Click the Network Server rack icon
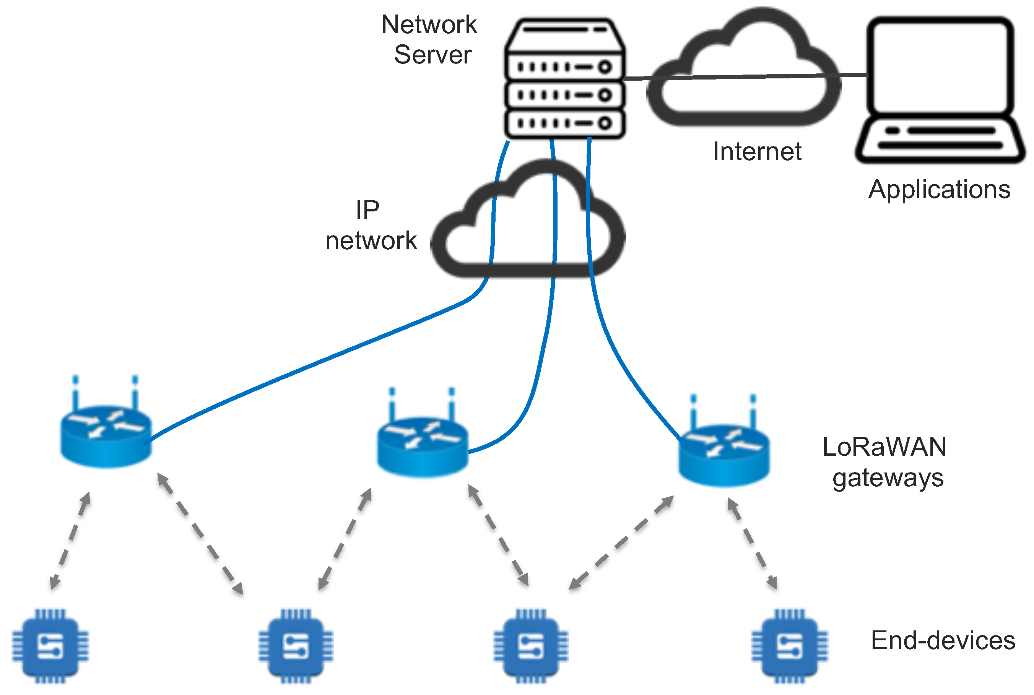[x=564, y=79]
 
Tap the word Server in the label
[x=432, y=55]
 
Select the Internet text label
[x=757, y=152]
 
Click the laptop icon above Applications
[x=940, y=89]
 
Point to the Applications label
[x=940, y=190]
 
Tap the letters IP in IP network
[x=367, y=210]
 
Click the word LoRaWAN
[x=884, y=447]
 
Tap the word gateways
[x=888, y=478]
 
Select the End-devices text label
[x=943, y=640]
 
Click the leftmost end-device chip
[x=50, y=646]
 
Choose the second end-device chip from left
[x=296, y=646]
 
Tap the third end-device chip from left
[x=531, y=646]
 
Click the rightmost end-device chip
[x=789, y=646]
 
